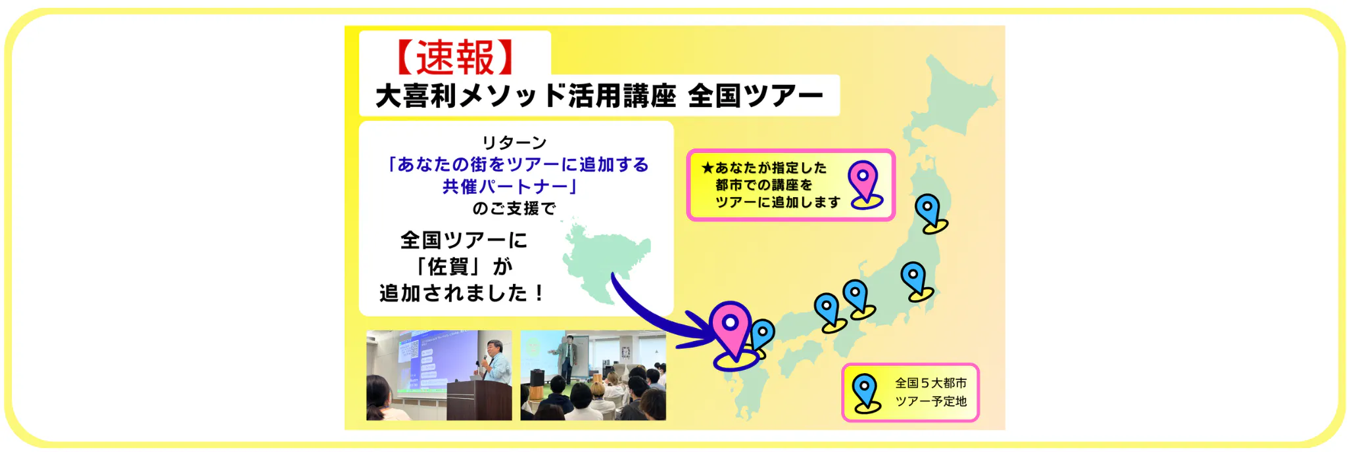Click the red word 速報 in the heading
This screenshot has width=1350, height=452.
pos(455,58)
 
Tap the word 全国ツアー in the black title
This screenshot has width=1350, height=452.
pos(756,96)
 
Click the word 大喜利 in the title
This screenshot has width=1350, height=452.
pos(416,96)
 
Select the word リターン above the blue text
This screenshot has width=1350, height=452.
pos(514,143)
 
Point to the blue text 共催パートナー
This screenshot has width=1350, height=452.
pos(504,187)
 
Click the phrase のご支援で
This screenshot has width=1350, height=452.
pos(514,209)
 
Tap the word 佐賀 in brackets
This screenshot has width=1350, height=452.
pos(448,267)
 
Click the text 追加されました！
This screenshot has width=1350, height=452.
pos(462,293)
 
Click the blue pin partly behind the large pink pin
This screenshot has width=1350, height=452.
pos(763,336)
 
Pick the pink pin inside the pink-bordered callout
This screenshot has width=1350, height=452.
pos(864,185)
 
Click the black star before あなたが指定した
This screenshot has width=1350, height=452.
pos(708,168)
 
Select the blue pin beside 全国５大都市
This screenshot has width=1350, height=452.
pos(866,393)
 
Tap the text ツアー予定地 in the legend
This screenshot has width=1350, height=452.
pos(930,401)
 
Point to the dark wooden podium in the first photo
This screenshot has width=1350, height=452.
pos(478,400)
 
